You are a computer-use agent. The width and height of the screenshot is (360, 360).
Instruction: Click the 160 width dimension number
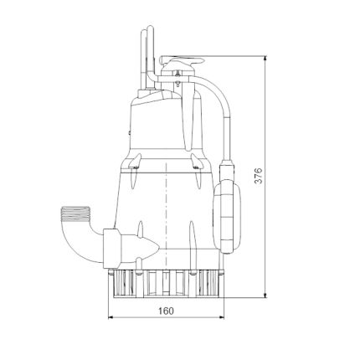[165, 311]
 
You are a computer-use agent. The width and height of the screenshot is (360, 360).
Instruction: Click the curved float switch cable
[221, 109]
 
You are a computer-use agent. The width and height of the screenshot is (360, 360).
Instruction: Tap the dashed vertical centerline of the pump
[167, 201]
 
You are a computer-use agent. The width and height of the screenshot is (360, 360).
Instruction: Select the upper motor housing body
[164, 121]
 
